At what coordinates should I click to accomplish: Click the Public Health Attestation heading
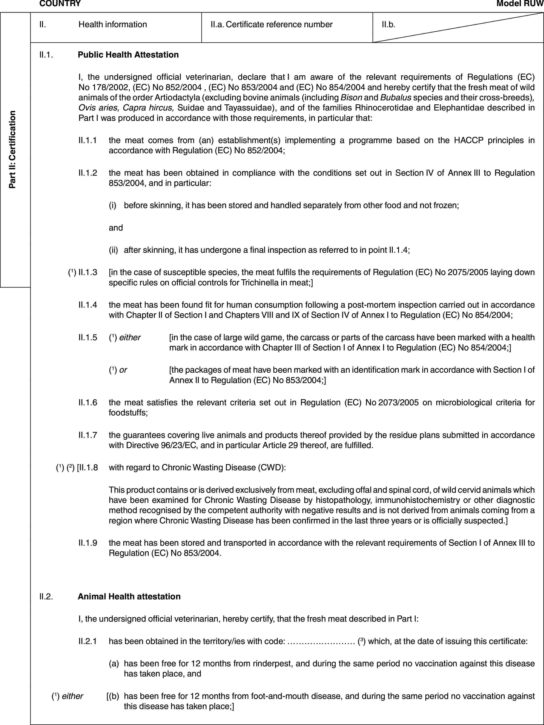tap(128, 55)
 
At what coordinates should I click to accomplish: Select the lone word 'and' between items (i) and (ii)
tap(116, 228)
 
